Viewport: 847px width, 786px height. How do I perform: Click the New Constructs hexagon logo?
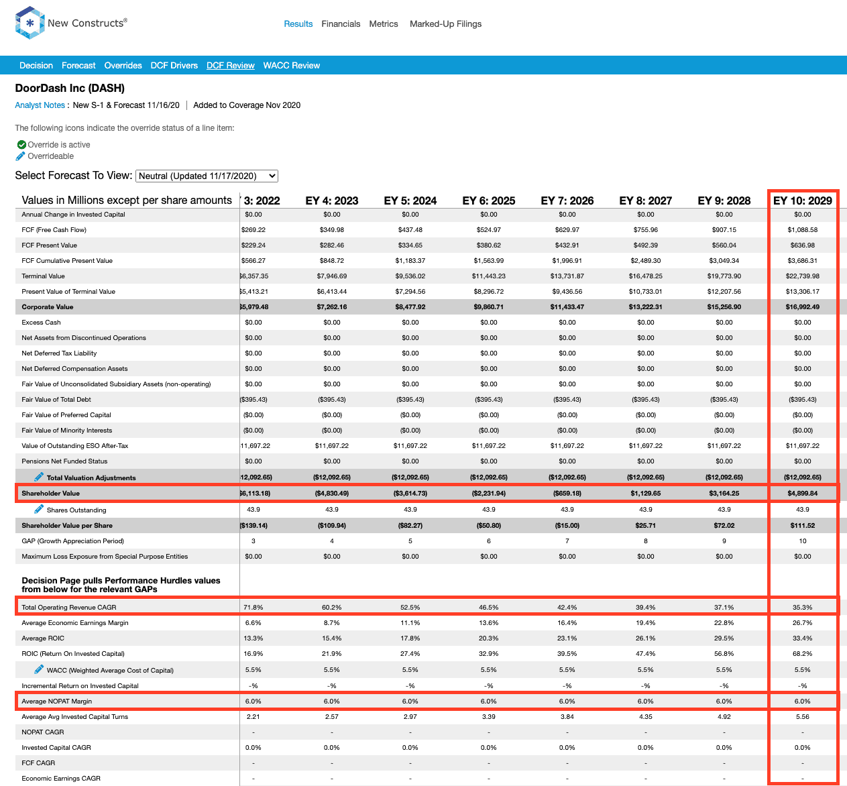[30, 23]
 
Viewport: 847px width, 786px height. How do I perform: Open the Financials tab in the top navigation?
[341, 24]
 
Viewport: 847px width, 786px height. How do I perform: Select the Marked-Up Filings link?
[445, 24]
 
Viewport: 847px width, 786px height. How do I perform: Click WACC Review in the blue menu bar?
[291, 65]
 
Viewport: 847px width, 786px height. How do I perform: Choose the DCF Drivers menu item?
[174, 65]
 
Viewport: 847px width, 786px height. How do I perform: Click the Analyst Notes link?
[40, 105]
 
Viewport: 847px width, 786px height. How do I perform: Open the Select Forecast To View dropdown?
[207, 176]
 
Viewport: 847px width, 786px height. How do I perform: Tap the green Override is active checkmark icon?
[21, 145]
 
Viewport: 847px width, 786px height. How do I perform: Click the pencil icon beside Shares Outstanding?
[39, 509]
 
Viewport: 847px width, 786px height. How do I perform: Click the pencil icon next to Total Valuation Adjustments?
[39, 477]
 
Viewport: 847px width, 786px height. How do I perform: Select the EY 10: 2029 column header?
[802, 201]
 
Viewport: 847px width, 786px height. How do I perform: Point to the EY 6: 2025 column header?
[489, 201]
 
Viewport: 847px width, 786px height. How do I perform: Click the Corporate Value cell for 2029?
[802, 306]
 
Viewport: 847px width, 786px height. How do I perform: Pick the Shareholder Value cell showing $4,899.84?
[802, 494]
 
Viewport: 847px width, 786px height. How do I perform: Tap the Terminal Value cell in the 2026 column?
[567, 276]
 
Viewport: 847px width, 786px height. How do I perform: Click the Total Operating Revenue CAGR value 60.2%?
[331, 607]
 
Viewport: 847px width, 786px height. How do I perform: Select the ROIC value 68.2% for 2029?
[802, 654]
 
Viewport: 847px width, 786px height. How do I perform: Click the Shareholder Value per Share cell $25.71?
[645, 526]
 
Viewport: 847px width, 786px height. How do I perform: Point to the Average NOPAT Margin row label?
[57, 701]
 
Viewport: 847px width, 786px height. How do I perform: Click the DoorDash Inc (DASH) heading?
[70, 88]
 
